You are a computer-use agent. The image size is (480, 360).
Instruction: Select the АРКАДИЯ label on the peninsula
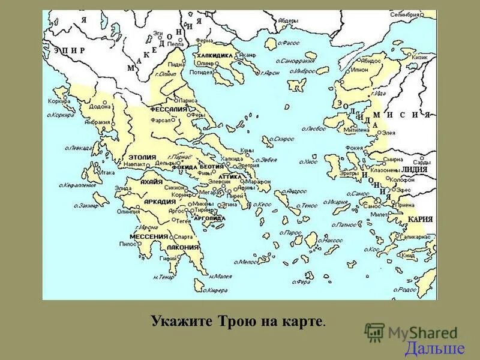(160, 202)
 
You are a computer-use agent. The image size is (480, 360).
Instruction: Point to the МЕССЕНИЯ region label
(148, 236)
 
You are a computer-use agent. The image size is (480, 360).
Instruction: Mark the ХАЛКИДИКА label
(214, 55)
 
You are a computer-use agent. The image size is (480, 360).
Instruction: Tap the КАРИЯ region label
(419, 220)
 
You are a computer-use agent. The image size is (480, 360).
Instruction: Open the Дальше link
(434, 349)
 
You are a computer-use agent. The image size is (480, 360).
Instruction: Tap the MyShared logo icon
(374, 331)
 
